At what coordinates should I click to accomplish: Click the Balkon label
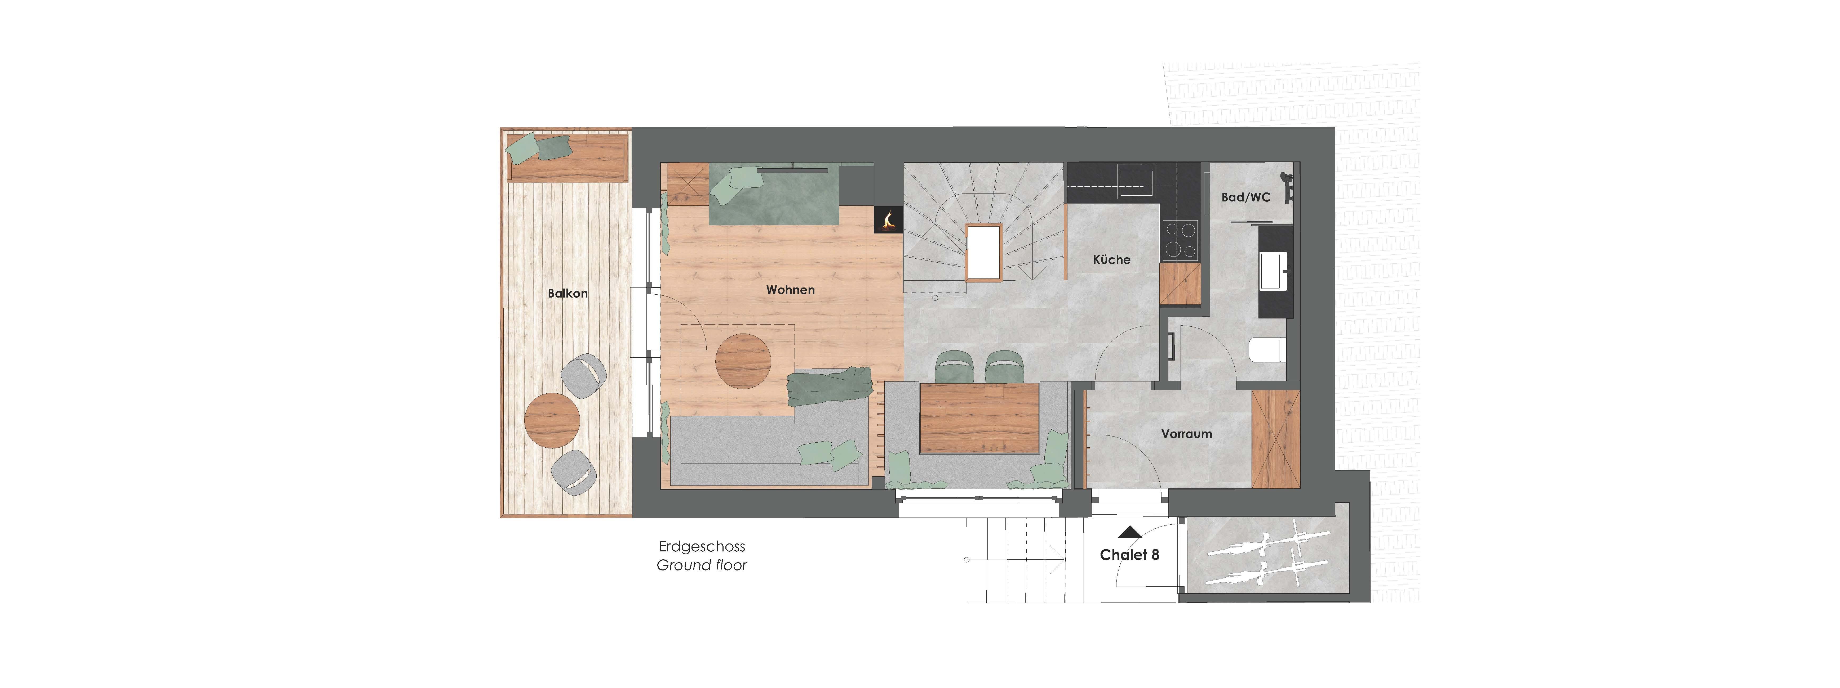pyautogui.click(x=568, y=293)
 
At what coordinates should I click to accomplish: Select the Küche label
pyautogui.click(x=1111, y=260)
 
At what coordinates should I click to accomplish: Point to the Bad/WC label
pyautogui.click(x=1246, y=197)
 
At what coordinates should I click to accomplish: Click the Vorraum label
pyautogui.click(x=1186, y=434)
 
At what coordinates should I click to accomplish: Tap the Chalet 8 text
pyautogui.click(x=1129, y=555)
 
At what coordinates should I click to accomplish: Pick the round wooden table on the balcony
pyautogui.click(x=552, y=420)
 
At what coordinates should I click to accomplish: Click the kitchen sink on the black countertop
pyautogui.click(x=1136, y=181)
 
